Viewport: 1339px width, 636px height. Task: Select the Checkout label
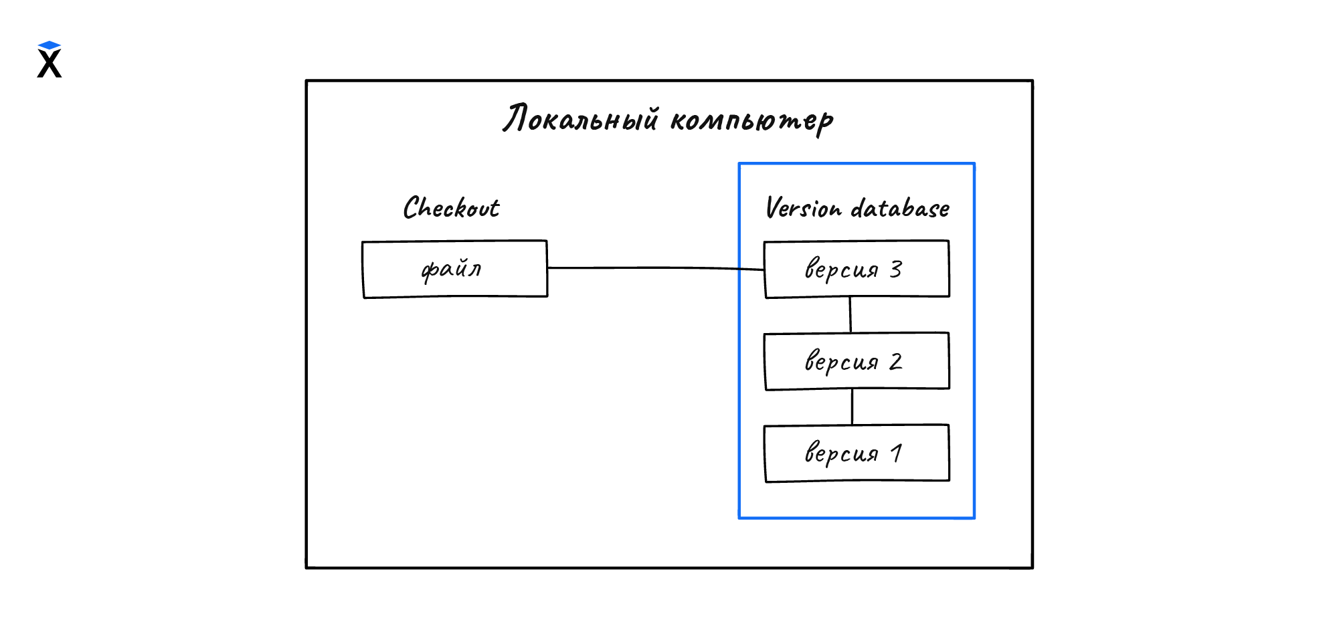451,208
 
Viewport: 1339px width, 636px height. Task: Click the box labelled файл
455,269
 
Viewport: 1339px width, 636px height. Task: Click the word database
900,209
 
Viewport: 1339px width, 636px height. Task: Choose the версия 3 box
857,269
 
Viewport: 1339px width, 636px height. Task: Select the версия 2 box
857,361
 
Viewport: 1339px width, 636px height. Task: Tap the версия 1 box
857,453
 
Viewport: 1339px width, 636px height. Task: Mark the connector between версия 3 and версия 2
851,314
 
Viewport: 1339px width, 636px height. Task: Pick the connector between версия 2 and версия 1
852,407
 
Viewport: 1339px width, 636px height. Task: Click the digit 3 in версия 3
896,269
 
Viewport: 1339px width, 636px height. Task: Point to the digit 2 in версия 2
896,361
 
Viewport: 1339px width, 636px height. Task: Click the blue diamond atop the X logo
50,45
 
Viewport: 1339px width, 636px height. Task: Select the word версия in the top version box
841,269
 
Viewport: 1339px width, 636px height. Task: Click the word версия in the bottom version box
841,453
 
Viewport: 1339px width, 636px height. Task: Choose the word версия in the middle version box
841,362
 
